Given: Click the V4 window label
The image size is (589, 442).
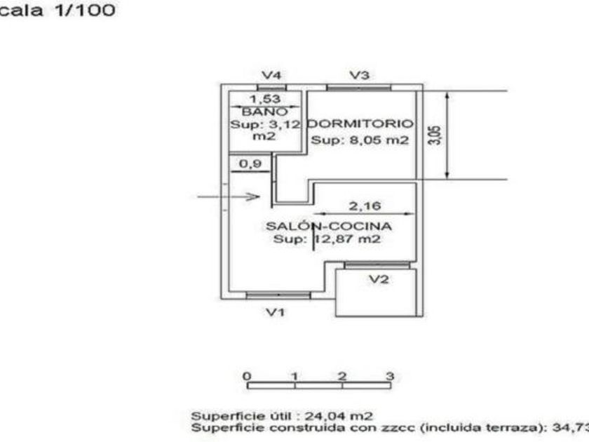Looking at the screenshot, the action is pyautogui.click(x=271, y=74).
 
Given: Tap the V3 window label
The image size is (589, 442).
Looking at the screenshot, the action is pyautogui.click(x=360, y=74).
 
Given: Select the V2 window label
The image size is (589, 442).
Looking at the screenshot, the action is pyautogui.click(x=379, y=279).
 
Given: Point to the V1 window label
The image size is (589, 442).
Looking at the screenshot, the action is pyautogui.click(x=276, y=312).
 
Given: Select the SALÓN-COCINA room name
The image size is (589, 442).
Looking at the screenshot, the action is pyautogui.click(x=328, y=226).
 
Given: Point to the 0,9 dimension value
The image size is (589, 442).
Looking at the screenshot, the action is pyautogui.click(x=242, y=164).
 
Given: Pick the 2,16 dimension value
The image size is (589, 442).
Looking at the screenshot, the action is pyautogui.click(x=364, y=206).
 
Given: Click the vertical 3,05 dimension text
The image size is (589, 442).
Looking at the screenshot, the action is pyautogui.click(x=435, y=134).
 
